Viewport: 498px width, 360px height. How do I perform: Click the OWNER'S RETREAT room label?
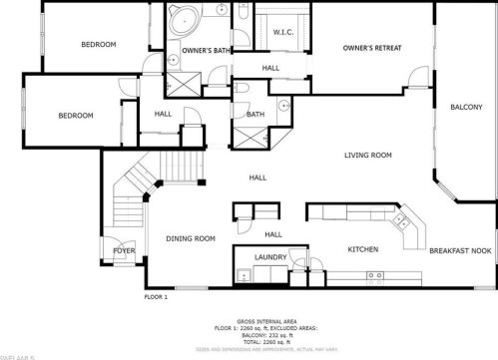click(370, 48)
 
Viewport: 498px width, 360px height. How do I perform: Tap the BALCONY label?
click(466, 107)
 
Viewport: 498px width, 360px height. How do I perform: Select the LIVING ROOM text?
click(367, 155)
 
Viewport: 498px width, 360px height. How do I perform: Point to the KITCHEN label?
click(361, 249)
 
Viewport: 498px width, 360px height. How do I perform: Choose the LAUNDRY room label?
click(270, 257)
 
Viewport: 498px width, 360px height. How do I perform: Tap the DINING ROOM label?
click(191, 238)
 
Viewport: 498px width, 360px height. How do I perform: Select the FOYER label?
click(124, 251)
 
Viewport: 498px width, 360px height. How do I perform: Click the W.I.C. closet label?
click(282, 32)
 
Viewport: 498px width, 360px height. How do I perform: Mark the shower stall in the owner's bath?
click(183, 84)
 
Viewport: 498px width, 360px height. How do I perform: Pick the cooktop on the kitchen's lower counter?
click(375, 275)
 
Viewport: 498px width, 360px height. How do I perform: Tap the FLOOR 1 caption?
click(156, 296)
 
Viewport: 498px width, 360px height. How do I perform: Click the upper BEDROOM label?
click(99, 44)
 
